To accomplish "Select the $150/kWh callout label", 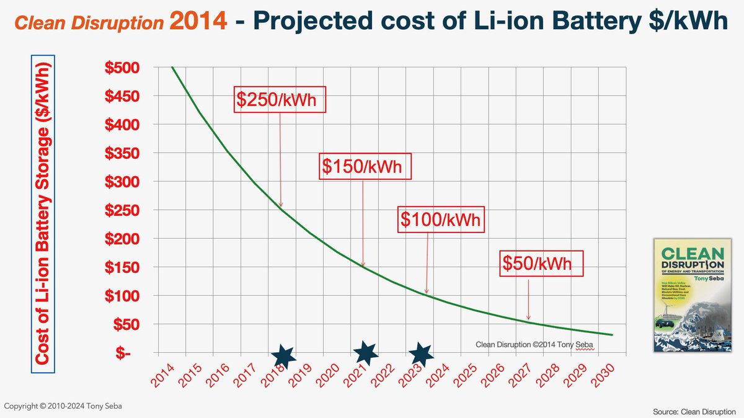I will [365, 166].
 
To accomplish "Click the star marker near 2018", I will [283, 355].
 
